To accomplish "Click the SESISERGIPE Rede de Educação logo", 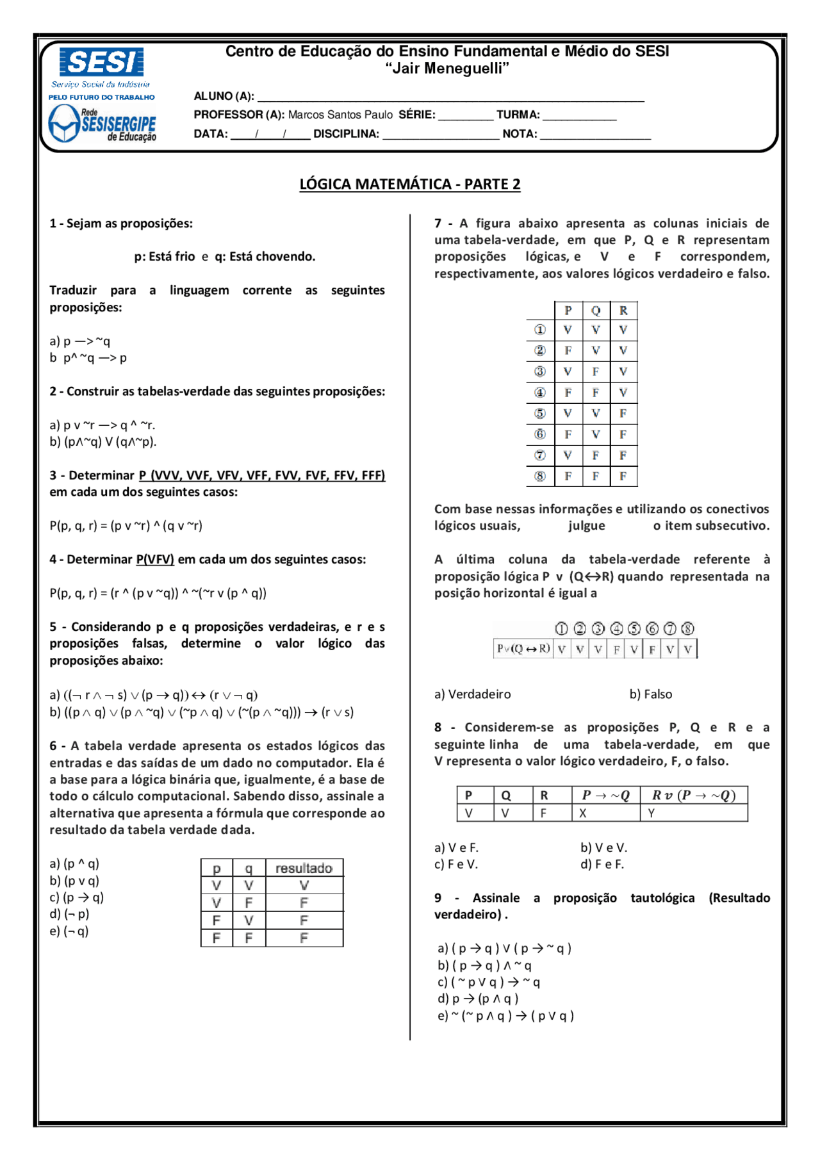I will [102, 124].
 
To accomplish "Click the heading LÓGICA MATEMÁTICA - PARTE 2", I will [409, 184].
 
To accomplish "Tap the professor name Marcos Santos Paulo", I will [340, 115].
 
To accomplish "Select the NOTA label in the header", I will [520, 134].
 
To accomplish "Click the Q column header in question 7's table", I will [596, 311].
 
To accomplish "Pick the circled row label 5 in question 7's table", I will [540, 413].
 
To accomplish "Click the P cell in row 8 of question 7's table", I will [568, 476].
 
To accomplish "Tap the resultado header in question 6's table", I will [304, 868].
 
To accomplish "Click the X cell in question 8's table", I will [583, 813].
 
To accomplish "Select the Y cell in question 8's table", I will [652, 813].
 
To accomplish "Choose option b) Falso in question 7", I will [650, 694].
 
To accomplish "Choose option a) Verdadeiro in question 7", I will [472, 694].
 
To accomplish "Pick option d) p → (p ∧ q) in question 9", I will [478, 999].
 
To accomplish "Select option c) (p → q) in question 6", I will [76, 897].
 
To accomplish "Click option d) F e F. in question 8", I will [602, 864].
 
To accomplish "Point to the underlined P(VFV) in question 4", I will [155, 559].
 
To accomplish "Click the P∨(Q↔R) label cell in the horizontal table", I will [523, 649].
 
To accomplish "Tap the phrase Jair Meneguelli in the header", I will [447, 69].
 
